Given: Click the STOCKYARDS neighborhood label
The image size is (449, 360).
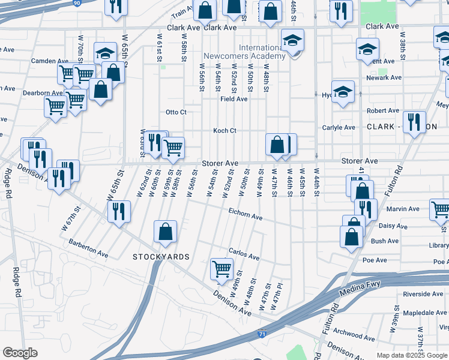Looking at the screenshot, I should pyautogui.click(x=161, y=257).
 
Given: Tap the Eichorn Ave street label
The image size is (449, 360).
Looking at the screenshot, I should pyautogui.click(x=246, y=213).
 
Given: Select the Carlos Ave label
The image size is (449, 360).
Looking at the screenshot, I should pyautogui.click(x=244, y=253).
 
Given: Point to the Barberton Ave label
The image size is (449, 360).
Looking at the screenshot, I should pyautogui.click(x=88, y=248).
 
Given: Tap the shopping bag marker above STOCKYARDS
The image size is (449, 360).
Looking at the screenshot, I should pyautogui.click(x=165, y=232).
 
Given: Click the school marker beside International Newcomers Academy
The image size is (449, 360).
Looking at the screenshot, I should pyautogui.click(x=292, y=40).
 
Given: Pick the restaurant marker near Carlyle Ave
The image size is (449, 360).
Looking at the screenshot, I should pyautogui.click(x=413, y=122).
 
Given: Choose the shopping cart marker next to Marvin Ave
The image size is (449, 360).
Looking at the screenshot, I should pyautogui.click(x=441, y=210).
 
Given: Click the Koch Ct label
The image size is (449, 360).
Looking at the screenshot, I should pyautogui.click(x=225, y=131).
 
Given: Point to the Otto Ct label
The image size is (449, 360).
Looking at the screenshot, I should pyautogui.click(x=176, y=112).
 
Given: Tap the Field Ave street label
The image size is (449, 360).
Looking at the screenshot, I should pyautogui.click(x=234, y=99).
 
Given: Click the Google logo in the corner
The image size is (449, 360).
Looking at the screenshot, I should pyautogui.click(x=20, y=353).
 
